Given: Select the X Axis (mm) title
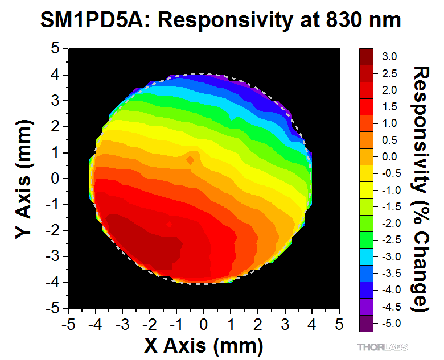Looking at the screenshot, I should (204, 345).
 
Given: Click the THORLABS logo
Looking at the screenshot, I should (383, 346).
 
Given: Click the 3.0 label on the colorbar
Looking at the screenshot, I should (389, 57).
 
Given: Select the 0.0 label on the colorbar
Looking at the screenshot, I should (389, 156).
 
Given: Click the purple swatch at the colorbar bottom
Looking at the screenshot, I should (366, 323).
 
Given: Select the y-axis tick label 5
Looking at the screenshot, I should (56, 49).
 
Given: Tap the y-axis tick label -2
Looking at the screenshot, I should (54, 231).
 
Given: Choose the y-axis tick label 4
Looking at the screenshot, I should (56, 75).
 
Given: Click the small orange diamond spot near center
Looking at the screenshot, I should (191, 161).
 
